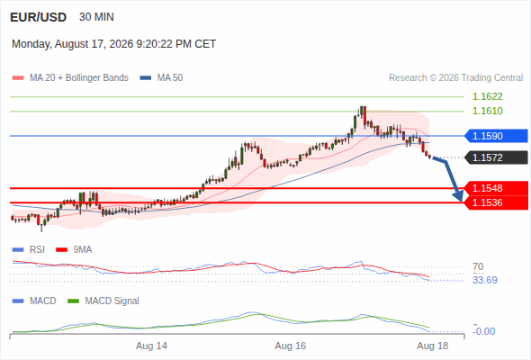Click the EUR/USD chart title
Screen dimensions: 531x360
(39, 17)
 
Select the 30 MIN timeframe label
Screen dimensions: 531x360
(96, 17)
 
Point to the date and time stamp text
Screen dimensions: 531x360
(113, 44)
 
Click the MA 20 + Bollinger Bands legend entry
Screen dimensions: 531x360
(70, 78)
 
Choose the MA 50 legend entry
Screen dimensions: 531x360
(161, 78)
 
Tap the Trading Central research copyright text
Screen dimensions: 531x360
(455, 78)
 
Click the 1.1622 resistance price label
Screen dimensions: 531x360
(487, 96)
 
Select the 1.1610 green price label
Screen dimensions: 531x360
(487, 111)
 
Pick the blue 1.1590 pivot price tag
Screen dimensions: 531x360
(496, 136)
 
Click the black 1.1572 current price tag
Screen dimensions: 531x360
(496, 157)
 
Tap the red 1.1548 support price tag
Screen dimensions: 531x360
(496, 188)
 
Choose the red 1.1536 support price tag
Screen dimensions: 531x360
(496, 202)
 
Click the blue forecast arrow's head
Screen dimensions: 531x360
(458, 195)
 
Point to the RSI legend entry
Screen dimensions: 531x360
(29, 249)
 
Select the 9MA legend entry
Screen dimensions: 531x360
(74, 249)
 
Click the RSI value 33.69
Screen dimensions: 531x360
(485, 280)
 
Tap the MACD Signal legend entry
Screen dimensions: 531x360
(103, 301)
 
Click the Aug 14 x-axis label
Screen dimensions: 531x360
(151, 346)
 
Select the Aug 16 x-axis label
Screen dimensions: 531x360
(290, 346)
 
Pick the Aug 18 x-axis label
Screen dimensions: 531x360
(433, 346)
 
